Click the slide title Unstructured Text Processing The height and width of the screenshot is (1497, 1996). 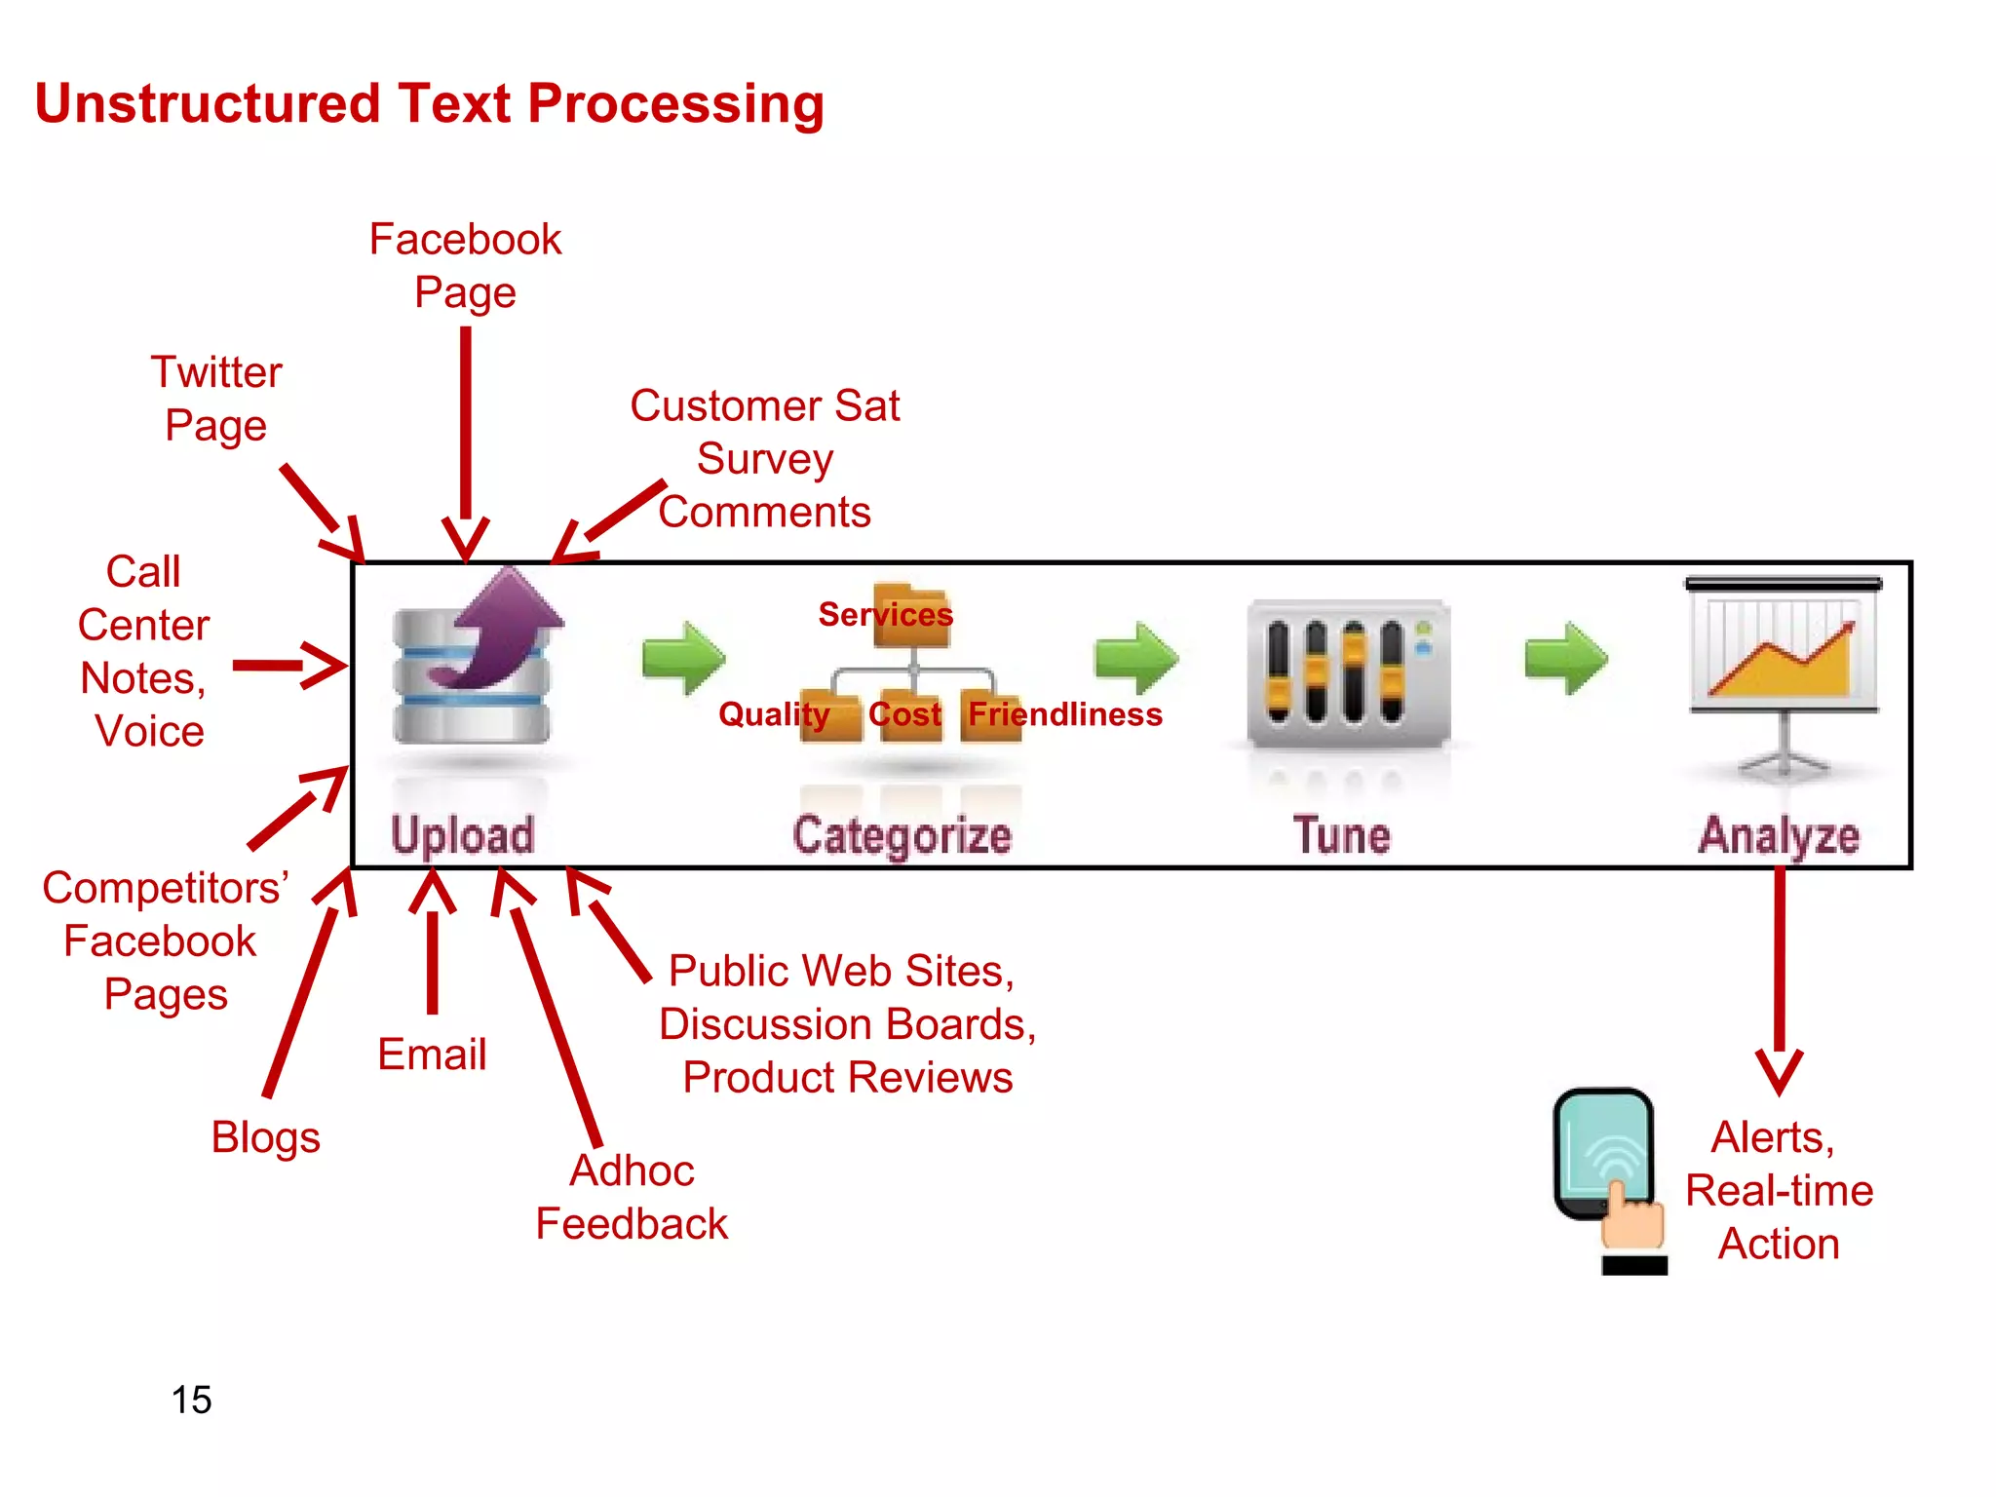[x=429, y=104]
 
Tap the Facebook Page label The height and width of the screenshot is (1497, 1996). [x=465, y=265]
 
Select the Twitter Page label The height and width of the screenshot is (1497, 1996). [x=216, y=399]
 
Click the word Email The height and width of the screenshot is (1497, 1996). [x=432, y=1055]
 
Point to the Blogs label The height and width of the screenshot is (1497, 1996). [x=265, y=1137]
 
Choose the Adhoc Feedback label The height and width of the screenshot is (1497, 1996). [x=632, y=1197]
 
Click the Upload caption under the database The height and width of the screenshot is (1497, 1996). [x=463, y=836]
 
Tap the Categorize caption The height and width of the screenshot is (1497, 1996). [x=902, y=836]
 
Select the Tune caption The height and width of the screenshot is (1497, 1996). [x=1341, y=836]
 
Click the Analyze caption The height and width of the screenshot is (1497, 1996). [x=1779, y=836]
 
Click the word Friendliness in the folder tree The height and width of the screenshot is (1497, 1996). [x=1064, y=714]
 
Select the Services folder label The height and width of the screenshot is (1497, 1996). [x=885, y=614]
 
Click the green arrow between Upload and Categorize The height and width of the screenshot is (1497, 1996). [x=683, y=658]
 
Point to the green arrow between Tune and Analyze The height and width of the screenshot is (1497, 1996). [x=1565, y=658]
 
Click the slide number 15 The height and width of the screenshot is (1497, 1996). [x=191, y=1400]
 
